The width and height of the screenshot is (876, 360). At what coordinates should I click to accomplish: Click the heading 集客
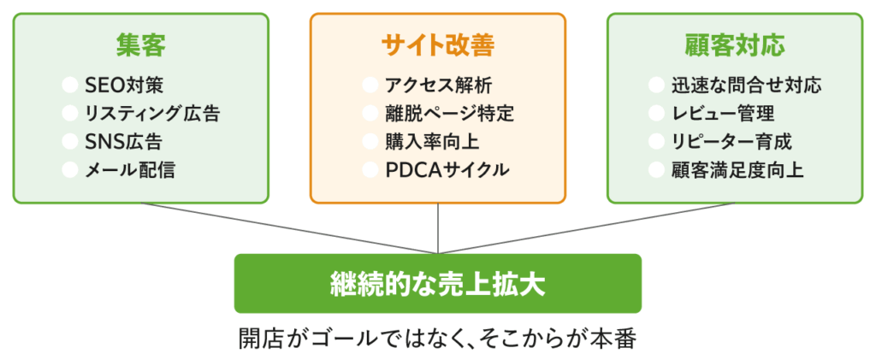coord(140,44)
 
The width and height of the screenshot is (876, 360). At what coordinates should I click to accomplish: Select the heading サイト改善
coord(437,45)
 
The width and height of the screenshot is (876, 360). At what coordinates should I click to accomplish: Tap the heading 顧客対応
coord(735,44)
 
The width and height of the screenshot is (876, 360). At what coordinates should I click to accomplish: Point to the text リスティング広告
coord(152,113)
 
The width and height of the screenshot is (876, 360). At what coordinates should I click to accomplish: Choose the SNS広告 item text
coord(124,141)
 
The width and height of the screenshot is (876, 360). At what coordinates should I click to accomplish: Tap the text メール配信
coord(130,169)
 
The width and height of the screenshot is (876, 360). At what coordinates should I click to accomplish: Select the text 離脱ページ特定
coord(449,113)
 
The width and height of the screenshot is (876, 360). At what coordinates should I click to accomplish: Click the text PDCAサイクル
coord(447,169)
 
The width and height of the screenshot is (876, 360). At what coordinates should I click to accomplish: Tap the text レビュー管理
coord(723,113)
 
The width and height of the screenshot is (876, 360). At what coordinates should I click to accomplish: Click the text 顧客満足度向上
coord(737,169)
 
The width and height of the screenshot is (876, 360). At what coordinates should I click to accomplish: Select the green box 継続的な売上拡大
coord(437,283)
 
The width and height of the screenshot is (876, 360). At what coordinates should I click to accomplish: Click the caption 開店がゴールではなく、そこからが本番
coord(437,337)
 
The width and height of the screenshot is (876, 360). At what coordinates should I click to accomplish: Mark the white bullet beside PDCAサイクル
coord(370,169)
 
